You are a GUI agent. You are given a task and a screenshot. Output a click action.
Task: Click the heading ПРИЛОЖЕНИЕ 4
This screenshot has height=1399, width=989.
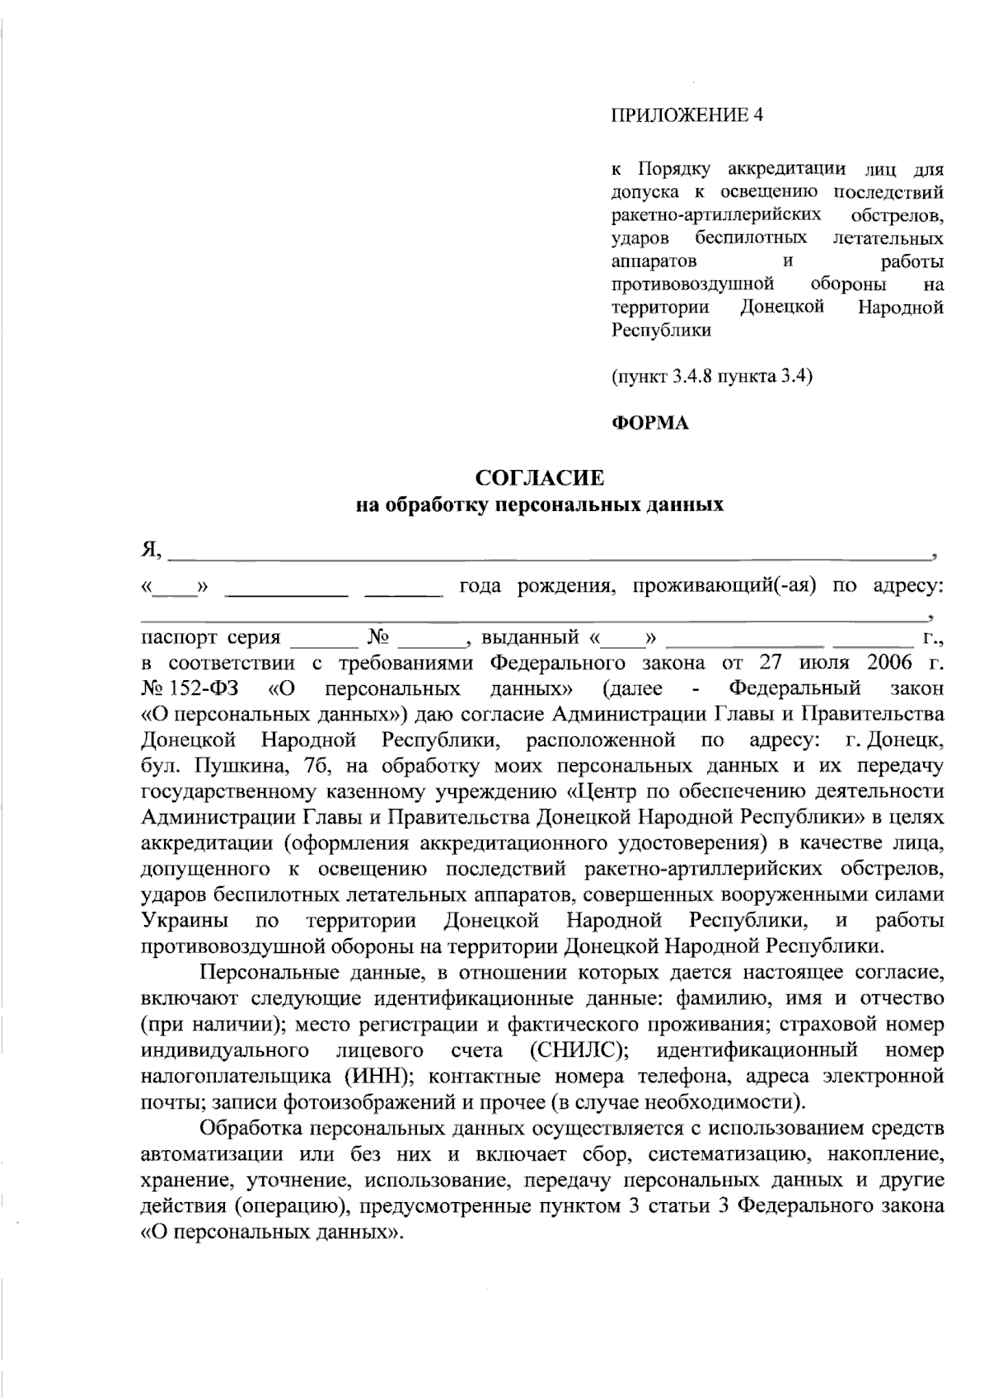pos(687,115)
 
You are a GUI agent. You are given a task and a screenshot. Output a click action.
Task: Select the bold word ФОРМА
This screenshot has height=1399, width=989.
pos(649,424)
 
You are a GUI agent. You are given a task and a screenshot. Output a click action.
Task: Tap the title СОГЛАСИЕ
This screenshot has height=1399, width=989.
pos(539,477)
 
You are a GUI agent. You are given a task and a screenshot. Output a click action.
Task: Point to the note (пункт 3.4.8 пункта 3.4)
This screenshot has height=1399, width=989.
pos(712,378)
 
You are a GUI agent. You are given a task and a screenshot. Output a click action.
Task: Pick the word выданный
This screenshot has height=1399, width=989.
pos(529,637)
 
